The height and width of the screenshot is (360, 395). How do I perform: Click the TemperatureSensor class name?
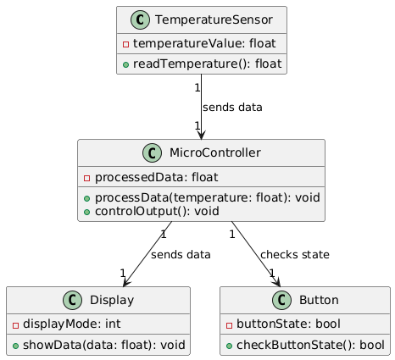[214, 19]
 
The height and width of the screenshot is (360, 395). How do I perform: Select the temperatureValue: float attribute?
[204, 43]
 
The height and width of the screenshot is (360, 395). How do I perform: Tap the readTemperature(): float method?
[208, 64]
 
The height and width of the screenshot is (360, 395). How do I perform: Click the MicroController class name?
[215, 152]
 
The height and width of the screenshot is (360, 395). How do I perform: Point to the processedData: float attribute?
[156, 177]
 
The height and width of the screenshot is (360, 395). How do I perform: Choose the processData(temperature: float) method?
[208, 197]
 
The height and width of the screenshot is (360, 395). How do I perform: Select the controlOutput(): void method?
[157, 211]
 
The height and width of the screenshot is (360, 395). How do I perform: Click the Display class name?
[112, 300]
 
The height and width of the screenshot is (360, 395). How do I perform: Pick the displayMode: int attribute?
[72, 324]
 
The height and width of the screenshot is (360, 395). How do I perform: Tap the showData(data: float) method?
[104, 345]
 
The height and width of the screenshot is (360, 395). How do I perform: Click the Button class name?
[319, 300]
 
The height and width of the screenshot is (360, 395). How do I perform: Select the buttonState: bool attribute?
[288, 324]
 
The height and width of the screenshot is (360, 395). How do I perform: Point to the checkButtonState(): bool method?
[310, 345]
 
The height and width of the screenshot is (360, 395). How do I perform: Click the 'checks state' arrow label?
[295, 255]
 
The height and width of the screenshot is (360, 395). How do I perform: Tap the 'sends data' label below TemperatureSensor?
[232, 108]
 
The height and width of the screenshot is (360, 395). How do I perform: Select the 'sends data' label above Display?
[181, 255]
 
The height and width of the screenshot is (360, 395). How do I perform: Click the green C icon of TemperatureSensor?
[140, 19]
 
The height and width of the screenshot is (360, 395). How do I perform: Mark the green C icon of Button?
[281, 300]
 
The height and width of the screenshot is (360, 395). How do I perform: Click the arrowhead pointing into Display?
[126, 283]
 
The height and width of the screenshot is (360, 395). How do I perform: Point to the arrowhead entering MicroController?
[201, 135]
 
